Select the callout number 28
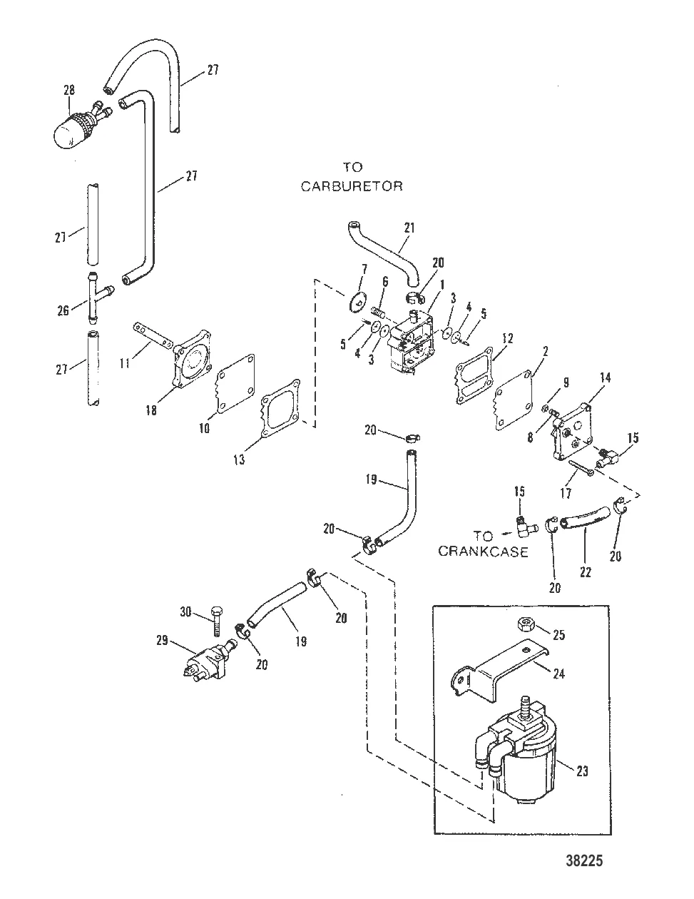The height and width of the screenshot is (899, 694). point(69,91)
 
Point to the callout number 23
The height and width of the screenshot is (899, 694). point(583,771)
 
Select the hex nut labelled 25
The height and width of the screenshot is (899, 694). point(526,625)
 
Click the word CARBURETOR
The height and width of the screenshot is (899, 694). point(352,186)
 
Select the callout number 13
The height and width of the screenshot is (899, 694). point(239,460)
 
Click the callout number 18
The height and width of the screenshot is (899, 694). point(151,410)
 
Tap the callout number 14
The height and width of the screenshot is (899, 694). point(606,378)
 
